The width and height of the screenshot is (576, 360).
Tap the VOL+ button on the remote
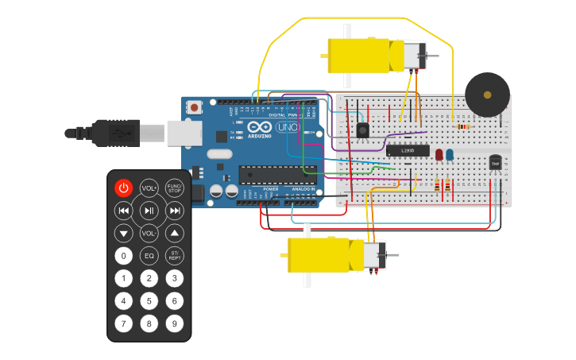149,188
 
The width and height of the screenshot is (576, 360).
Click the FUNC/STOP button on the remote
174,188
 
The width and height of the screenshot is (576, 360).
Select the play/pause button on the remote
149,211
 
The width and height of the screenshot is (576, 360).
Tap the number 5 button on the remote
149,301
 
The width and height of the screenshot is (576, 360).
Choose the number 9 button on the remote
174,323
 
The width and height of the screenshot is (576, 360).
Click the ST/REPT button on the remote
174,256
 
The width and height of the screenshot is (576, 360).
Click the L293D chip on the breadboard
407,150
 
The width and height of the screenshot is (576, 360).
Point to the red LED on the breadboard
438,154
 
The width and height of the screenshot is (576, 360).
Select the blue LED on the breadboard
450,154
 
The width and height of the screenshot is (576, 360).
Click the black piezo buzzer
487,95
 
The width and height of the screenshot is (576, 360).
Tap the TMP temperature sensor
495,163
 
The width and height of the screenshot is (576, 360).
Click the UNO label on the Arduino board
288,127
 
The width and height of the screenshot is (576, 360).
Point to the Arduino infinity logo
259,126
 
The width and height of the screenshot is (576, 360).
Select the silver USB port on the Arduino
184,133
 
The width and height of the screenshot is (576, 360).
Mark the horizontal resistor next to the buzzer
462,126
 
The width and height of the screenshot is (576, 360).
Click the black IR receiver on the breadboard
363,130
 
